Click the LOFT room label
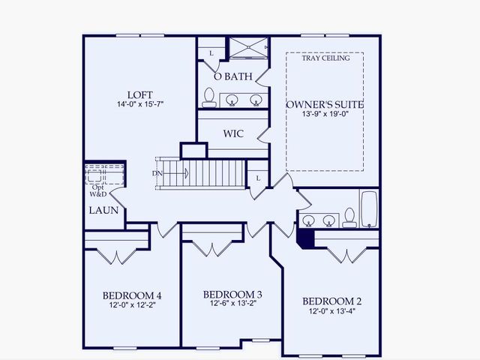140,94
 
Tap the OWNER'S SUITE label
325,104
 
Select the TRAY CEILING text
325,58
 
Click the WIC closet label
232,133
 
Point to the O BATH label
232,76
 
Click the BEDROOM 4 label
132,295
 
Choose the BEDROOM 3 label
232,294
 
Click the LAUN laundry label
103,211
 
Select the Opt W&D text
98,190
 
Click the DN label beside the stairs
156,174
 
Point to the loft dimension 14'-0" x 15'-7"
140,104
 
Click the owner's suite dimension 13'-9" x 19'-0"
325,115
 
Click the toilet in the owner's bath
209,97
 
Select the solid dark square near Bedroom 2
305,237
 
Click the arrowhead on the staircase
187,175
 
